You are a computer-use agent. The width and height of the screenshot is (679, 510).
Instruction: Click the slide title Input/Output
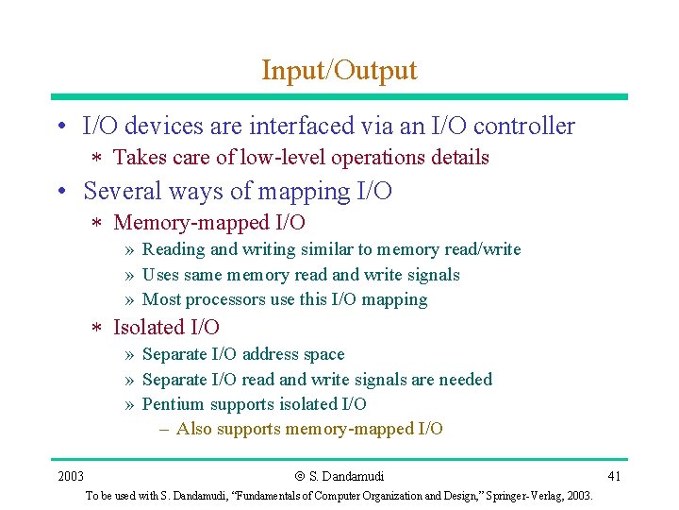(x=339, y=70)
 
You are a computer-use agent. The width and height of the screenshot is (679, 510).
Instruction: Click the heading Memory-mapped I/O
(x=208, y=223)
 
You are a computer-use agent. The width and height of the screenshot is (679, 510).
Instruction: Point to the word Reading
(x=174, y=250)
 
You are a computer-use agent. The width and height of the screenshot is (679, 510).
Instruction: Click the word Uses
(x=159, y=275)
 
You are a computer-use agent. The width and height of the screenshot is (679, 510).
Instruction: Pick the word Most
(x=160, y=299)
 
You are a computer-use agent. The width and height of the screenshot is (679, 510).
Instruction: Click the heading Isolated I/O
(x=166, y=328)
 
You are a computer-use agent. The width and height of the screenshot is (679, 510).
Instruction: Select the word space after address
(x=323, y=354)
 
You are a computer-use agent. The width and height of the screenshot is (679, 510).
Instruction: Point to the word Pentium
(x=173, y=404)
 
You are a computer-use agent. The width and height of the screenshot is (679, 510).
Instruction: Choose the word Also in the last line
(x=193, y=429)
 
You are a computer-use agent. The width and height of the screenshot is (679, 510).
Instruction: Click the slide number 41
(x=614, y=475)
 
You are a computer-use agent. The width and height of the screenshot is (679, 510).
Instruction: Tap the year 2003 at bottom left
(x=70, y=475)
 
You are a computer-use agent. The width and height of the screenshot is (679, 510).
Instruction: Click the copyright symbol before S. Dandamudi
(x=299, y=476)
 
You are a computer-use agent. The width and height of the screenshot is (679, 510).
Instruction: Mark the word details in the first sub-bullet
(x=456, y=158)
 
